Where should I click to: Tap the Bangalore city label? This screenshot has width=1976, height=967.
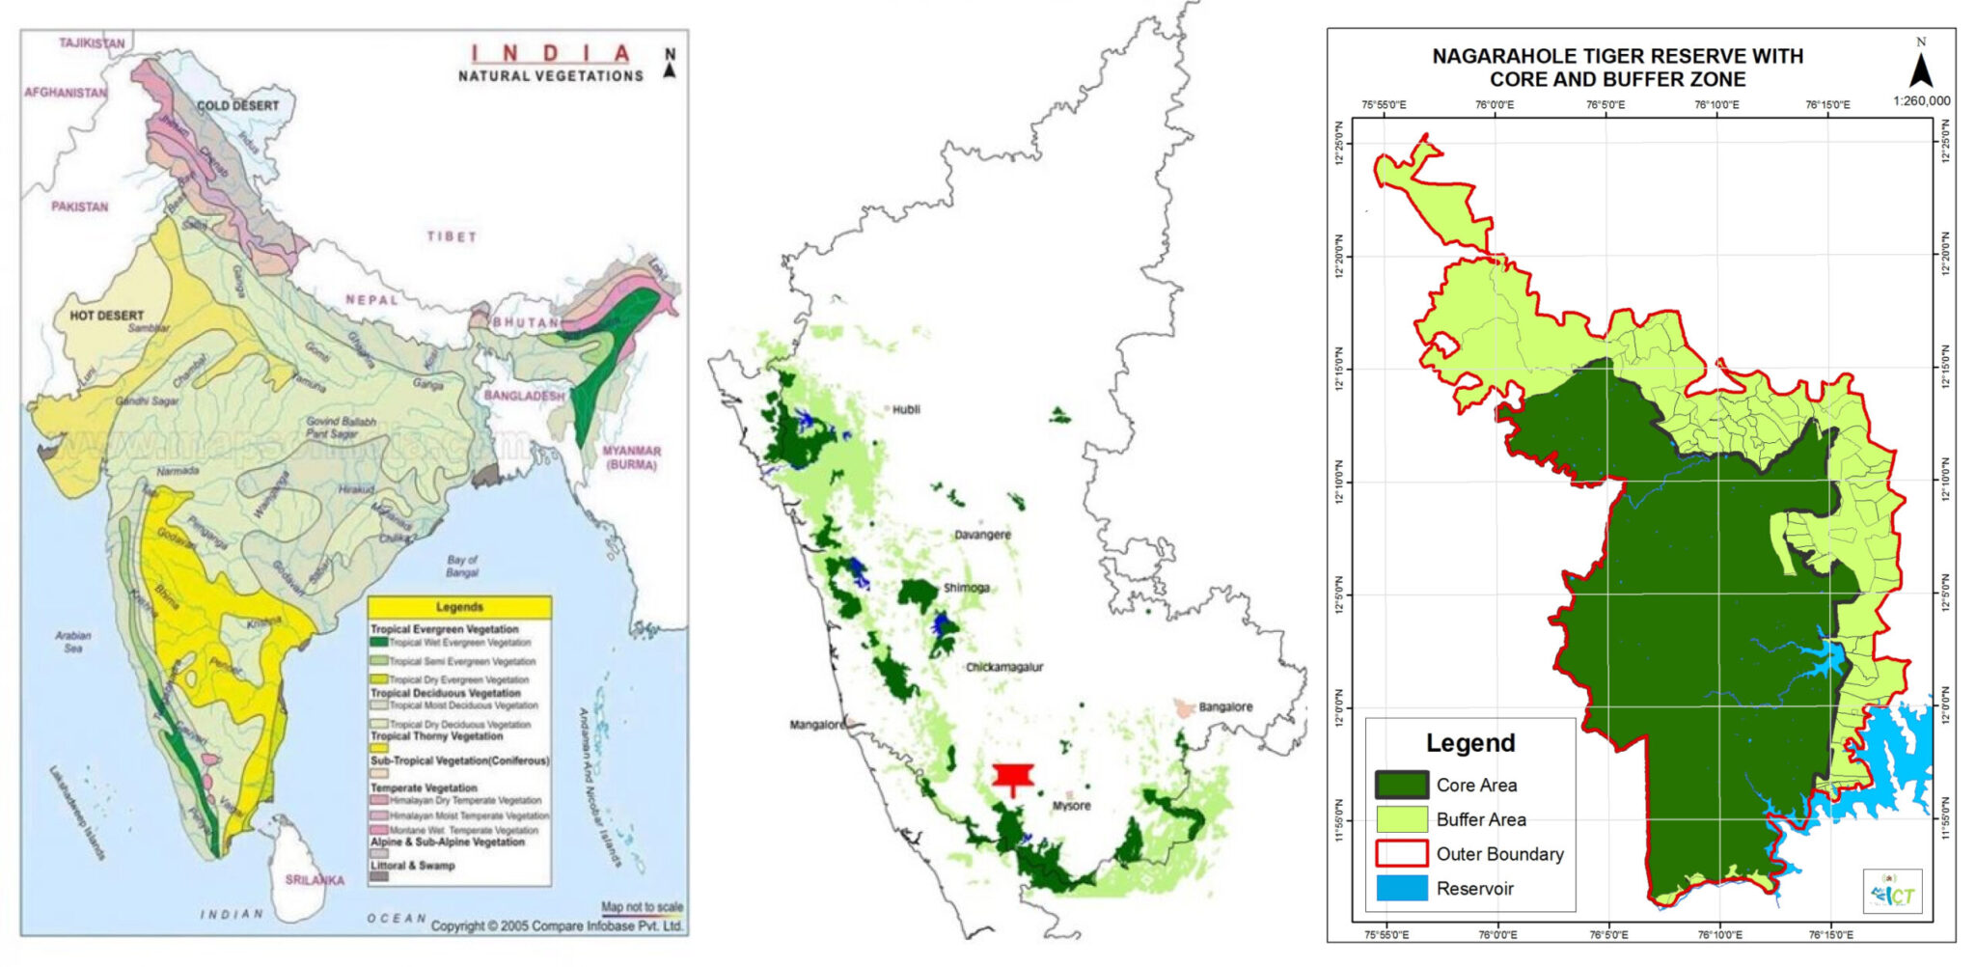pyautogui.click(x=1225, y=706)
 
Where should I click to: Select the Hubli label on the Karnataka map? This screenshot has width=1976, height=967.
pyautogui.click(x=906, y=409)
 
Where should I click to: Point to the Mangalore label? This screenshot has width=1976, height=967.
pyautogui.click(x=816, y=724)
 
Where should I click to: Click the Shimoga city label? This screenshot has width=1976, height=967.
pyautogui.click(x=966, y=588)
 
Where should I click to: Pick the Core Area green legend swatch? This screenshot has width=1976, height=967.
pyautogui.click(x=1401, y=785)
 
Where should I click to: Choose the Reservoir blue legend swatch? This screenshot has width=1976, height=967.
pyautogui.click(x=1401, y=888)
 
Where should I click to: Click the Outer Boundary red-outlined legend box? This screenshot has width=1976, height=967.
pyautogui.click(x=1401, y=853)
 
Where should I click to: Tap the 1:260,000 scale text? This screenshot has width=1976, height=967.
pyautogui.click(x=1920, y=100)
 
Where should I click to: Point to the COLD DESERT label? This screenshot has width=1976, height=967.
pyautogui.click(x=237, y=105)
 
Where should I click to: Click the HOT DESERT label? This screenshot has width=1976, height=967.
pyautogui.click(x=106, y=316)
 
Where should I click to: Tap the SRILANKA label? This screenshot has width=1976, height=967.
pyautogui.click(x=315, y=880)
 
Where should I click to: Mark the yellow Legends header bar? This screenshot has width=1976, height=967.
pyautogui.click(x=459, y=607)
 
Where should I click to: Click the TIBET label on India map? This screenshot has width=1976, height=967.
pyautogui.click(x=452, y=236)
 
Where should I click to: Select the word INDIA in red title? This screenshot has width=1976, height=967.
pyautogui.click(x=550, y=54)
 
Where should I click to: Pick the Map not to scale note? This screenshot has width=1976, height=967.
pyautogui.click(x=642, y=906)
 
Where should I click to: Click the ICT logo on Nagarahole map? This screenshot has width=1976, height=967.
pyautogui.click(x=1892, y=892)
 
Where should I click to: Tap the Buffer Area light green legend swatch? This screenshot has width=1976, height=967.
pyautogui.click(x=1401, y=819)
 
